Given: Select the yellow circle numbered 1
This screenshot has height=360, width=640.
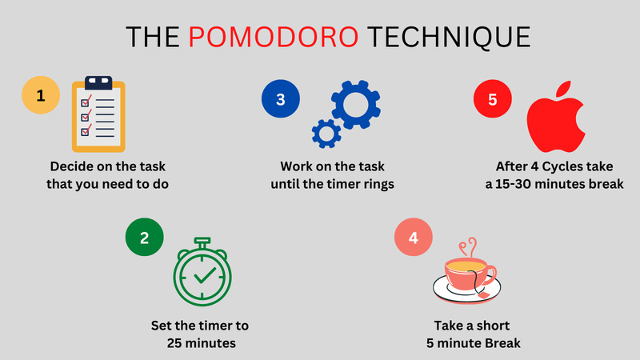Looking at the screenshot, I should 41,98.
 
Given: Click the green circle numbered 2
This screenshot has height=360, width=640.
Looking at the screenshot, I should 145,237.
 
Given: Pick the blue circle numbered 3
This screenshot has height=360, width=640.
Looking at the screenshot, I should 281,99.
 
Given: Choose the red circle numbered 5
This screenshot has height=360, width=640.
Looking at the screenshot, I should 492,99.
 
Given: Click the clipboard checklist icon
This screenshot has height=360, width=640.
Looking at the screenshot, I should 98,114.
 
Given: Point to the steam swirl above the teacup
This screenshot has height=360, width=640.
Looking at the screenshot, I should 470,245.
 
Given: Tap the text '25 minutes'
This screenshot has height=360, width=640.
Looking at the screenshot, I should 200,344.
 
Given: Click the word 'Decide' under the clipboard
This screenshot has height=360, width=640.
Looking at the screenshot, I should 74,167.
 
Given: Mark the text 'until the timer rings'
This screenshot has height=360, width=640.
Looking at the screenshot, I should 328,185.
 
